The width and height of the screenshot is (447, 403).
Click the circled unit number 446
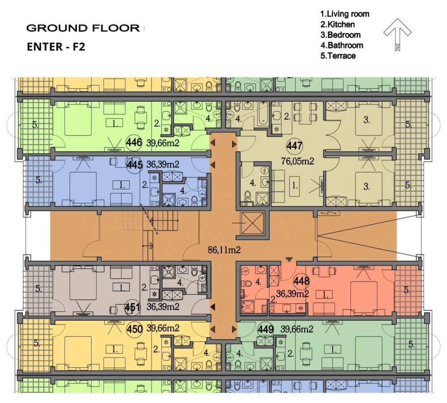(x=134, y=142)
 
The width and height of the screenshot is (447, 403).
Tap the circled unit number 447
(x=295, y=146)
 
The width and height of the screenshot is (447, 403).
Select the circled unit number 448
(x=302, y=281)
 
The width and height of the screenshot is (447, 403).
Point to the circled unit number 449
(x=266, y=329)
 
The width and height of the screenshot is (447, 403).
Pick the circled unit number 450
(x=134, y=329)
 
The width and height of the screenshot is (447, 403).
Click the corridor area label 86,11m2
(x=224, y=250)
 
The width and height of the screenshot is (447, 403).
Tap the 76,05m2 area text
(x=297, y=161)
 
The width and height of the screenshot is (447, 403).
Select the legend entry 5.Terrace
(x=338, y=55)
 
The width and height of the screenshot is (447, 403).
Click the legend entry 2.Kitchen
(x=337, y=25)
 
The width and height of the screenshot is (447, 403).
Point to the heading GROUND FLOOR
(x=83, y=28)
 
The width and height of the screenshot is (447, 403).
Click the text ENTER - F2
(x=56, y=46)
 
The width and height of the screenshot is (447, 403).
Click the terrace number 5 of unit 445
(x=39, y=180)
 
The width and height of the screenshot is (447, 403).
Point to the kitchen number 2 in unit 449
(x=291, y=354)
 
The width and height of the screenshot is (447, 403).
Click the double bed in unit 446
(x=78, y=118)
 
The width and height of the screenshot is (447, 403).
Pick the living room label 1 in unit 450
(x=114, y=349)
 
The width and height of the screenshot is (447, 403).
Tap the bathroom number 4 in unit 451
(x=180, y=283)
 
